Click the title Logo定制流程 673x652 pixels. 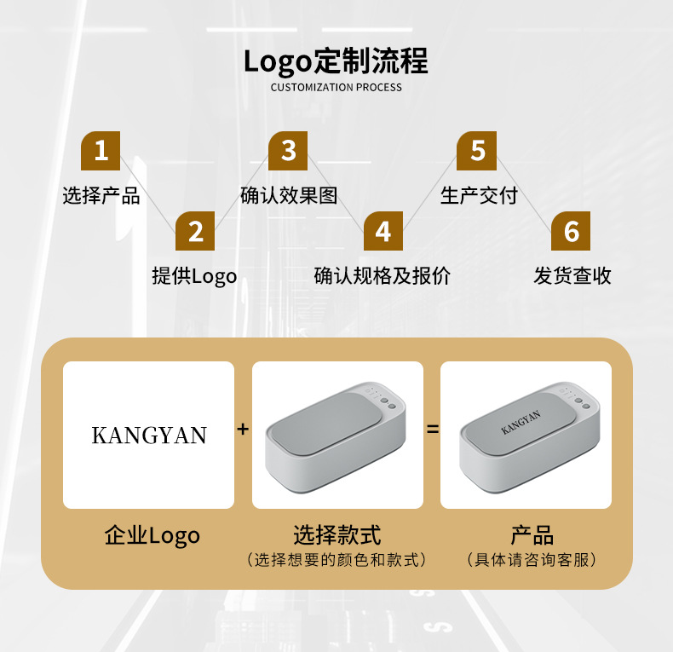point(336,61)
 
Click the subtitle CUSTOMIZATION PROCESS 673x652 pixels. point(336,87)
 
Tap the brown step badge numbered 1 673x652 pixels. point(101,151)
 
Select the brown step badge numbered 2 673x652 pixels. point(195,231)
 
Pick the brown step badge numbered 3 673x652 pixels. point(288,151)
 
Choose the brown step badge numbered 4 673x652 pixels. point(383,231)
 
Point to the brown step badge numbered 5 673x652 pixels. point(477,151)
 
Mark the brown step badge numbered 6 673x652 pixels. point(572,231)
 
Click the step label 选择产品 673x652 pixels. point(101,195)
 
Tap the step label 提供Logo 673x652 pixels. point(194,275)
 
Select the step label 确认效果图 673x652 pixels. point(289,195)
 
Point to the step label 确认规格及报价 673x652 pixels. point(383,275)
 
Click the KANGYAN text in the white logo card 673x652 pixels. point(149,436)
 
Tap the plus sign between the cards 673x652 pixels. point(243,429)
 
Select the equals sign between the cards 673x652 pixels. point(433,429)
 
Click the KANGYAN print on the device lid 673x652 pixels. point(521,423)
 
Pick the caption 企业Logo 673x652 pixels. point(152,535)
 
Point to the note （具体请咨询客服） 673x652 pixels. point(532,560)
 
